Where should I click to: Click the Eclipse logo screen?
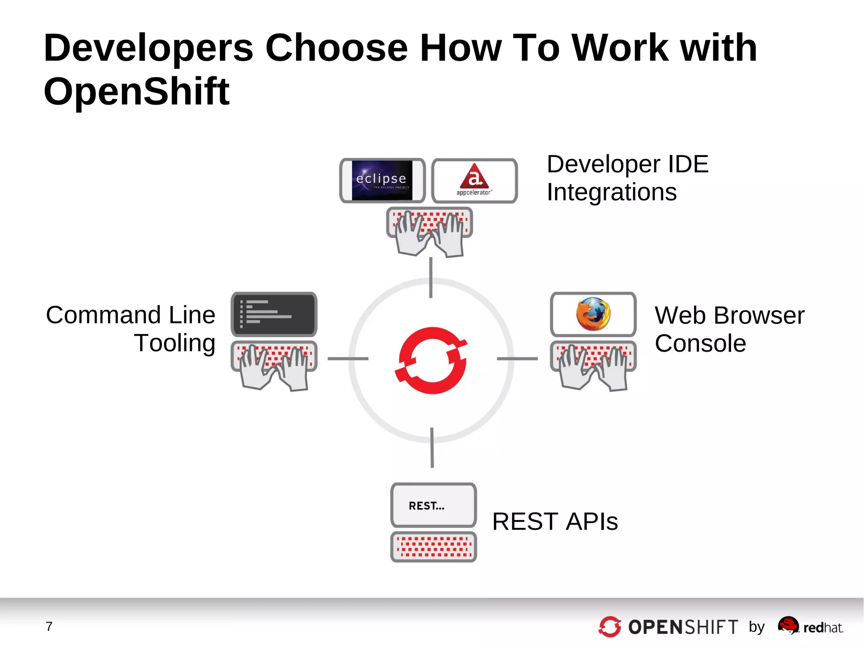382,180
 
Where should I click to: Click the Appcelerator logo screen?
474,180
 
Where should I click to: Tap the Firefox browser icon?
593,314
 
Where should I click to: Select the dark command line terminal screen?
274,314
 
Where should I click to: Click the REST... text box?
433,505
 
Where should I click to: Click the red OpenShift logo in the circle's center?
431,360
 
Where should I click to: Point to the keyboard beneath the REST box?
433,546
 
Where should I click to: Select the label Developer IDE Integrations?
627,178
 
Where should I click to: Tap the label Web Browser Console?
729,329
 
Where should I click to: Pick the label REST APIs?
554,521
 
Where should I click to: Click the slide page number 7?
49,626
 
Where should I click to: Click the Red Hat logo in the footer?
810,626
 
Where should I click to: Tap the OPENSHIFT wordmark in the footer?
683,627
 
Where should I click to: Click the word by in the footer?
756,626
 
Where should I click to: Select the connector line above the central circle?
430,277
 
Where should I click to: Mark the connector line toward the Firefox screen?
517,358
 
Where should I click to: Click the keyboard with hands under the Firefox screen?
593,364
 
